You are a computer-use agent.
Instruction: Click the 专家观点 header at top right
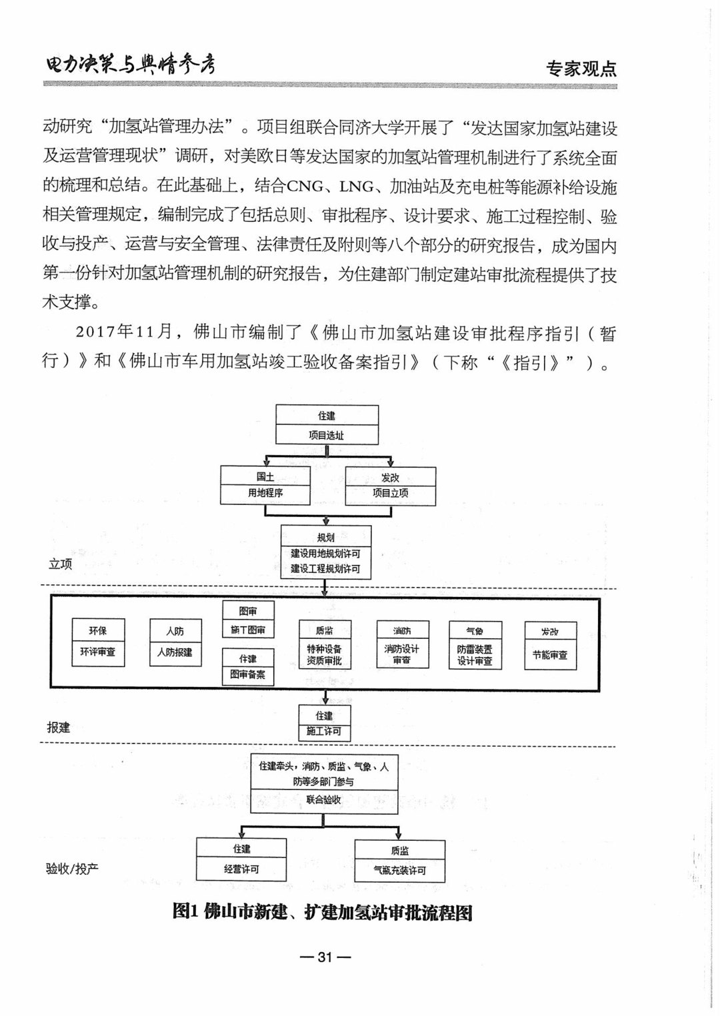[581, 69]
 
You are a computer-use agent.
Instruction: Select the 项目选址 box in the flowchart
[327, 435]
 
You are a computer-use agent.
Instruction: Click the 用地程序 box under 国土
[265, 493]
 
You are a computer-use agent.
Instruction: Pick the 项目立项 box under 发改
[390, 493]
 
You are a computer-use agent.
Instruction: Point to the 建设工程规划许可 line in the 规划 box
[325, 569]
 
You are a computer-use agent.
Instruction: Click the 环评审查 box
[98, 652]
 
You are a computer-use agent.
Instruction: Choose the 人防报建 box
[175, 652]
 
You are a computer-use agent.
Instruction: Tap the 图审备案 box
[247, 674]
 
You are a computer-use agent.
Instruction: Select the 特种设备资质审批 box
[324, 654]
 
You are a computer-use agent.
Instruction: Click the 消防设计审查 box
[401, 654]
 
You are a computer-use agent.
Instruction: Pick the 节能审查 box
[550, 655]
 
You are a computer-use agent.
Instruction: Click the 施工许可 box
[324, 731]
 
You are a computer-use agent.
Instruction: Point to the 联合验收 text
[323, 799]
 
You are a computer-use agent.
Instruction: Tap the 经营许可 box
[241, 869]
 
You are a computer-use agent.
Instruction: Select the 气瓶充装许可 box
[399, 870]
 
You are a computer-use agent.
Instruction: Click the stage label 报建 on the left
[59, 728]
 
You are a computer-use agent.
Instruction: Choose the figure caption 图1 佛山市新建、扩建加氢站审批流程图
[323, 912]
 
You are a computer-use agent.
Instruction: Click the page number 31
[325, 957]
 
